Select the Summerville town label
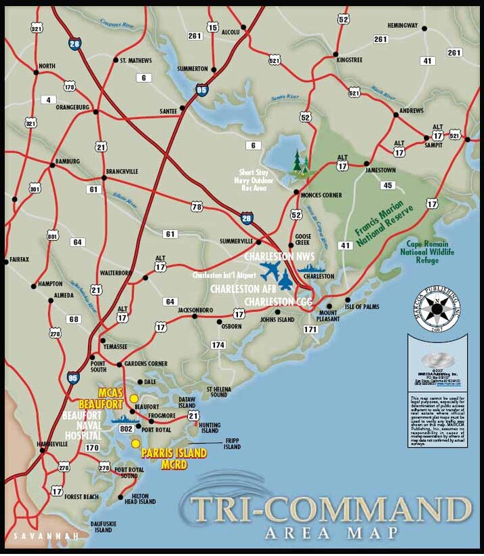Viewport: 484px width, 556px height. (236, 241)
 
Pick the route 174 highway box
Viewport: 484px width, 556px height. (218, 345)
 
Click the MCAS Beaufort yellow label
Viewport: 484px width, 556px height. (113, 398)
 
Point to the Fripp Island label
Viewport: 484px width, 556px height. (233, 443)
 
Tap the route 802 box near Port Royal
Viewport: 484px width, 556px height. (125, 429)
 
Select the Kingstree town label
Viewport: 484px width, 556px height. (349, 60)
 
